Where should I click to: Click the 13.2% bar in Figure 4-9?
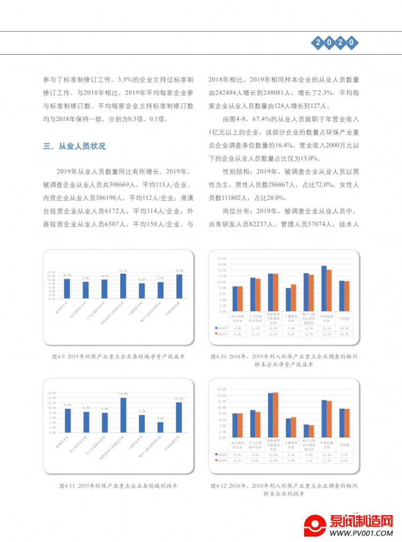pos(123,285)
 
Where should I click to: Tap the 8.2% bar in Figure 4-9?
pos(142,290)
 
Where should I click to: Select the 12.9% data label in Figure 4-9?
pos(179,270)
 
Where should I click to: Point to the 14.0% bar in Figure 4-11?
pos(123,415)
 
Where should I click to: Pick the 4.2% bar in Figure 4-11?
pos(160,427)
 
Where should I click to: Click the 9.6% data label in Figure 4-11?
pos(67,405)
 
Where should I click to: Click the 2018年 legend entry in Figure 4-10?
pos(221,327)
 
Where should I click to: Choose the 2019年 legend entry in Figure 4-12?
pos(221,460)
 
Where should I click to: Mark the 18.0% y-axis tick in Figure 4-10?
pos(220,259)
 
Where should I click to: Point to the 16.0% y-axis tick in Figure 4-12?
pos(220,389)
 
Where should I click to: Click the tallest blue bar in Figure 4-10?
pos(324,289)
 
